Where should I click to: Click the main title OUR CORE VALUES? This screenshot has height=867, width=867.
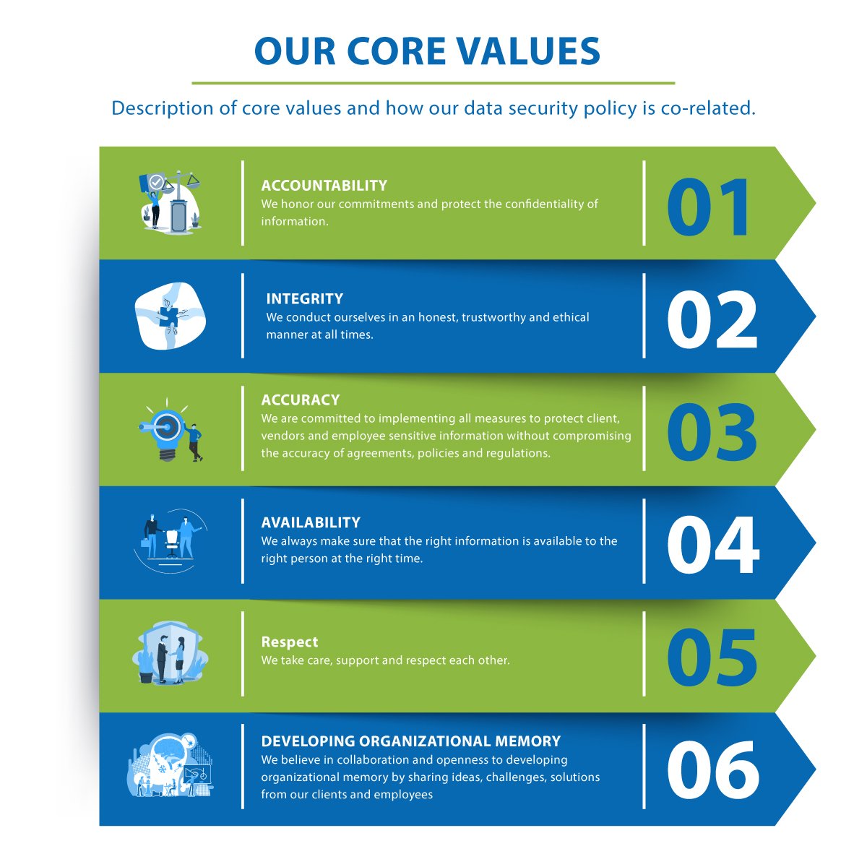click(x=427, y=51)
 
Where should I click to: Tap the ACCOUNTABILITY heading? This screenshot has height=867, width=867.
click(x=324, y=186)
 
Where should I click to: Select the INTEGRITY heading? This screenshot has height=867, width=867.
click(x=304, y=299)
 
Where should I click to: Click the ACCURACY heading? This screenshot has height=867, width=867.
click(x=300, y=400)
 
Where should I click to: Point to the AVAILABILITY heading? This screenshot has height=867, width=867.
click(x=311, y=522)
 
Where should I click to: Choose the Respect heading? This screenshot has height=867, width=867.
click(x=290, y=642)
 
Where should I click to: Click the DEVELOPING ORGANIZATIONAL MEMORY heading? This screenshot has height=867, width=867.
click(x=410, y=741)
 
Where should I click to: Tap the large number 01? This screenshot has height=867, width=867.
click(x=710, y=208)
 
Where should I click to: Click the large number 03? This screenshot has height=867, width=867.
click(x=712, y=433)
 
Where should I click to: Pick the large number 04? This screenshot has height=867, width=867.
click(x=712, y=546)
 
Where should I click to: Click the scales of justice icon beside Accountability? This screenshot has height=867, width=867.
click(x=171, y=200)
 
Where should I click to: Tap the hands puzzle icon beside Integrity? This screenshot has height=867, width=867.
click(x=171, y=316)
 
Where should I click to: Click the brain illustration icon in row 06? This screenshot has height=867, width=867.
click(x=171, y=766)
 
